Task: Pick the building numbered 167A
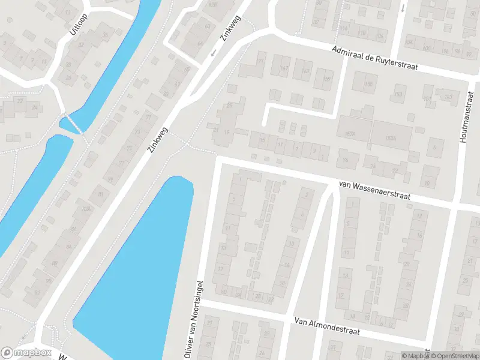pyautogui.click(x=349, y=133)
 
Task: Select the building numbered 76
pyautogui.click(x=345, y=160)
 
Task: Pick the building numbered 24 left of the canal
pyautogui.click(x=35, y=108)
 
